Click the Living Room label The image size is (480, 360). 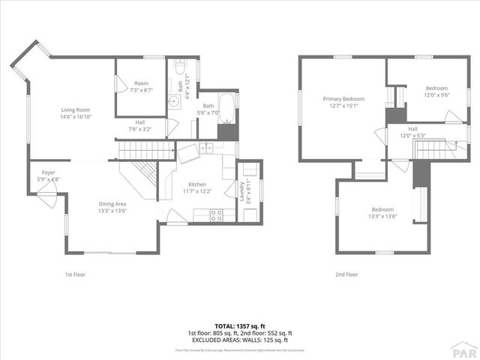click(76, 109)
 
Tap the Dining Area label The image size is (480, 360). click(112, 203)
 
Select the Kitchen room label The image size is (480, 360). click(197, 184)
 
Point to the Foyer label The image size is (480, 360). click(48, 172)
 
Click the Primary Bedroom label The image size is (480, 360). click(343, 99)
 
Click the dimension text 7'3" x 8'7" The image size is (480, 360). click(141, 90)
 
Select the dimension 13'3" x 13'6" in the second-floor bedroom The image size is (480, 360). click(382, 216)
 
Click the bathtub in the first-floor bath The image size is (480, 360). click(226, 109)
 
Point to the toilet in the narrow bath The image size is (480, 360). click(180, 69)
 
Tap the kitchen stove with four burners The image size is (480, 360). click(216, 214)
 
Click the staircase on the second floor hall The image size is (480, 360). click(435, 150)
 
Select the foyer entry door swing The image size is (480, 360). click(46, 199)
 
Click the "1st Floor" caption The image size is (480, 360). click(74, 274)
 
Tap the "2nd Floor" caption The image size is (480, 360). click(346, 274)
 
